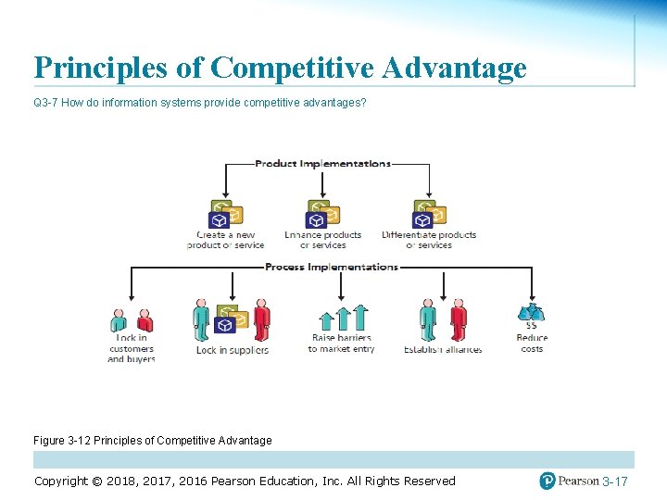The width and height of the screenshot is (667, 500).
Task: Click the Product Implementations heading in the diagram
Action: tap(322, 164)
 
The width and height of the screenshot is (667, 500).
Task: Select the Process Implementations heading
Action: tap(331, 267)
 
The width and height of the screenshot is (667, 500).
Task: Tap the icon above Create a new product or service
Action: tap(225, 213)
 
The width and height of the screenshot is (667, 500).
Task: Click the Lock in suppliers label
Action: tap(232, 350)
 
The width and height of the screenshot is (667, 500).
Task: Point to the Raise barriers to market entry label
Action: tap(341, 344)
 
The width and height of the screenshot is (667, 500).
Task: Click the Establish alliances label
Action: tap(442, 350)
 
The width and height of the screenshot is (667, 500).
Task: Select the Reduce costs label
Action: tap(532, 344)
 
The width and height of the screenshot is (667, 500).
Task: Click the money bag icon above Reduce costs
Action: tap(532, 312)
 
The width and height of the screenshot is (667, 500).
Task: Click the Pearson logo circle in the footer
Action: tap(547, 481)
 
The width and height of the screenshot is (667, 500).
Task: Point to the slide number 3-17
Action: tap(614, 481)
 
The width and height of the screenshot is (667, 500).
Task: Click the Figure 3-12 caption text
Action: tap(153, 441)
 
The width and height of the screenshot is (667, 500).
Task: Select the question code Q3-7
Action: tap(45, 102)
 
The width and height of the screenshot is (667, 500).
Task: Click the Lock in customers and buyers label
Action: tap(131, 348)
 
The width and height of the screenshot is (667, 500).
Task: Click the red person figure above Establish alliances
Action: tap(458, 318)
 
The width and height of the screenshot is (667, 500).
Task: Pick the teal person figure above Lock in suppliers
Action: tap(202, 318)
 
